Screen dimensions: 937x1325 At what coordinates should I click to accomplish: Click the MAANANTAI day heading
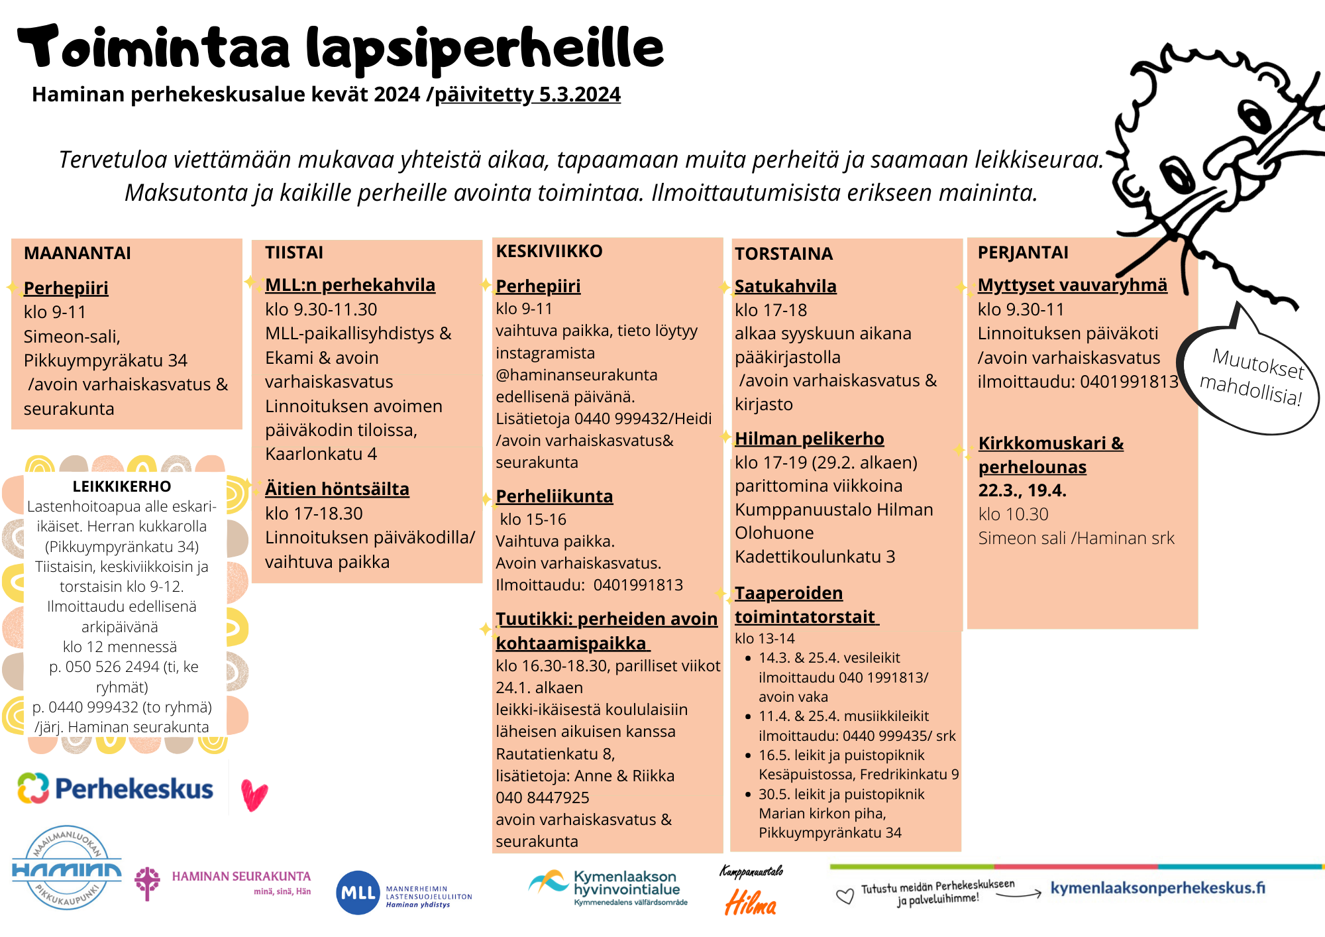pos(77,253)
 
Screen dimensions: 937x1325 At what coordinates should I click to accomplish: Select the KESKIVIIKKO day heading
pos(549,251)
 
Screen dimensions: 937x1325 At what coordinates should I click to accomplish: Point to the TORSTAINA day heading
pos(783,254)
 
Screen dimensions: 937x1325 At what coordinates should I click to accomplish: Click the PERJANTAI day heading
pos(1023,252)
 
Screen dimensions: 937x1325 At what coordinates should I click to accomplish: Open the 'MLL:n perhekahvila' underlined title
pos(350,285)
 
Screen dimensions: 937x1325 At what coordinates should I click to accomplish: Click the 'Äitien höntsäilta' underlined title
pos(337,489)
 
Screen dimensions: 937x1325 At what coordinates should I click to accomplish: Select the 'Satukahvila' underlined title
pos(785,286)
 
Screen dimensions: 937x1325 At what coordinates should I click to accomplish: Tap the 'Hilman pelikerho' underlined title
pos(809,439)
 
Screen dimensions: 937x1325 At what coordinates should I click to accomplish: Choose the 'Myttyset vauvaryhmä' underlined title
pos(1072,285)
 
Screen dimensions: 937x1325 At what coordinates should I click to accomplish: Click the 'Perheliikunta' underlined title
pos(554,496)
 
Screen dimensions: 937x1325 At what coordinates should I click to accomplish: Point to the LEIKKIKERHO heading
pos(122,486)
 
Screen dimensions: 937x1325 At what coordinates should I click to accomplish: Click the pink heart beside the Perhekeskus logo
pos(254,795)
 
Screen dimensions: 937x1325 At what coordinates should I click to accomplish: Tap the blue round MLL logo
pos(358,893)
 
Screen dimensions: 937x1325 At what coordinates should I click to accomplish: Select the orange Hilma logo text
pos(751,903)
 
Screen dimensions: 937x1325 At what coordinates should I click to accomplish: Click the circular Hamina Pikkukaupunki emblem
pos(67,867)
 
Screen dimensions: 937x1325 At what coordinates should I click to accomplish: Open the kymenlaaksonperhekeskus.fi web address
pos(1157,888)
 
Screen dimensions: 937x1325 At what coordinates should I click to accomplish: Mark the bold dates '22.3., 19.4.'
pos(1022,490)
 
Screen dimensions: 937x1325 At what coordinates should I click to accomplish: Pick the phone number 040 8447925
pos(542,798)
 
